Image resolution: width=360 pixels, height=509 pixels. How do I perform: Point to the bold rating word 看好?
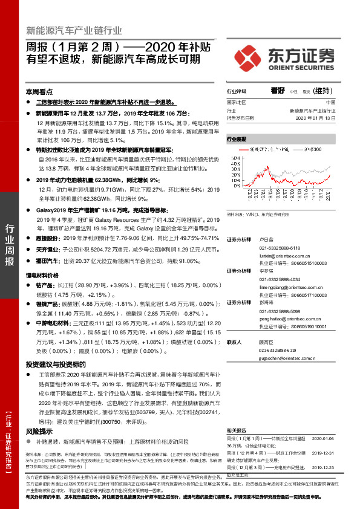point(278,91)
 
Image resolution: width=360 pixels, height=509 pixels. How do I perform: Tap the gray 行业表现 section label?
point(237,138)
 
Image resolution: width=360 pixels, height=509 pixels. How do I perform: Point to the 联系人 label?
point(234,342)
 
